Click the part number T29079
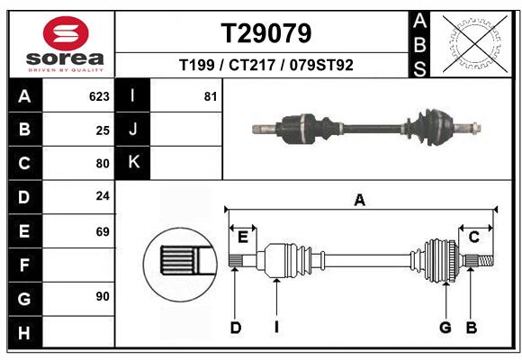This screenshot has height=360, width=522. click(x=266, y=33)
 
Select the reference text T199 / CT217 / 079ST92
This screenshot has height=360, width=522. click(x=266, y=65)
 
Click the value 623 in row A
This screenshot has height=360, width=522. click(x=99, y=96)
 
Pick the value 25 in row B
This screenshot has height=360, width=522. click(x=102, y=130)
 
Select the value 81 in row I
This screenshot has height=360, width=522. click(x=210, y=96)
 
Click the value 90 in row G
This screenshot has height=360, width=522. click(x=102, y=296)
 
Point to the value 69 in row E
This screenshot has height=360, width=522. click(x=102, y=231)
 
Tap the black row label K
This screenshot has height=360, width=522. click(x=133, y=163)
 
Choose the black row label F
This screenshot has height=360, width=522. click(x=24, y=265)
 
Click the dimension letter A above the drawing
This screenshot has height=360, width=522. click(x=359, y=201)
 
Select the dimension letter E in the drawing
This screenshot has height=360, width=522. click(x=242, y=237)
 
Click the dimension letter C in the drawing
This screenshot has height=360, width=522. click(x=473, y=237)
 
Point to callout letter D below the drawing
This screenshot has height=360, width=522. click(x=235, y=328)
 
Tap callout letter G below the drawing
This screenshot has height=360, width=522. click(x=445, y=328)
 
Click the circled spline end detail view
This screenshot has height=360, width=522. click(x=179, y=262)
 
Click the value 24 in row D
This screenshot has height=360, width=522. click(x=102, y=196)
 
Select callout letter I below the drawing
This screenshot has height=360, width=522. click(x=277, y=328)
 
